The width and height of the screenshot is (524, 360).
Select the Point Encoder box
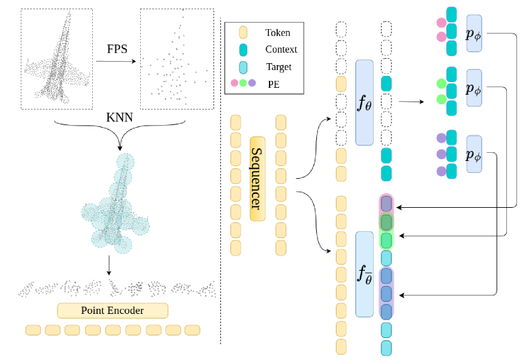[112, 311]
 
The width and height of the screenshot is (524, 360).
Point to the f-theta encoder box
[364, 102]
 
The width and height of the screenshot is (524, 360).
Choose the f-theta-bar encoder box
[364, 274]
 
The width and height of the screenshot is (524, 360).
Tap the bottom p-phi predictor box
[473, 153]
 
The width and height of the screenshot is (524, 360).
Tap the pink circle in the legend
[235, 83]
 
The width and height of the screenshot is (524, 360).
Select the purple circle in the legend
[252, 83]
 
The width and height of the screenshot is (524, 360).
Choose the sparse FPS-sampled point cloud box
[176, 59]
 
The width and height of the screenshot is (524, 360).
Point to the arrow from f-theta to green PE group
[412, 101]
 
